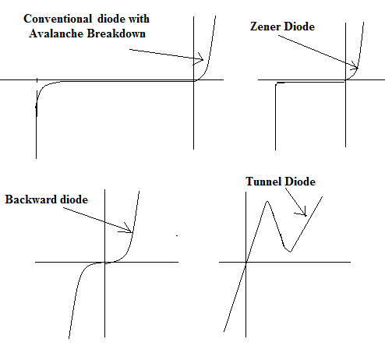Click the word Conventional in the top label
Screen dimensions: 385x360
point(58,19)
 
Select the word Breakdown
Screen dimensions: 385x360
point(116,34)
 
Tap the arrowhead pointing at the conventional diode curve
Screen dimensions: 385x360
point(200,58)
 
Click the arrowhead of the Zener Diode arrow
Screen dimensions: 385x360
point(355,66)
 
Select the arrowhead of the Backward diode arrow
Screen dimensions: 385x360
point(129,229)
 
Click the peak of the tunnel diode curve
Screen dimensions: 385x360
point(267,201)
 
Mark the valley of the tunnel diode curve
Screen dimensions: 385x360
point(290,251)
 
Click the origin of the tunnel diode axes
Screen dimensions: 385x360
point(245,262)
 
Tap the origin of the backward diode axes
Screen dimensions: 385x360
point(104,262)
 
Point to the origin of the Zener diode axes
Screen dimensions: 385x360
point(345,80)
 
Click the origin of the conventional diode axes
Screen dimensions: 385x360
point(193,79)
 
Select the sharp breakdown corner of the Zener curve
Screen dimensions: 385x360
point(276,83)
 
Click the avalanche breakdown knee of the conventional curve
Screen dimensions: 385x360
point(40,90)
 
